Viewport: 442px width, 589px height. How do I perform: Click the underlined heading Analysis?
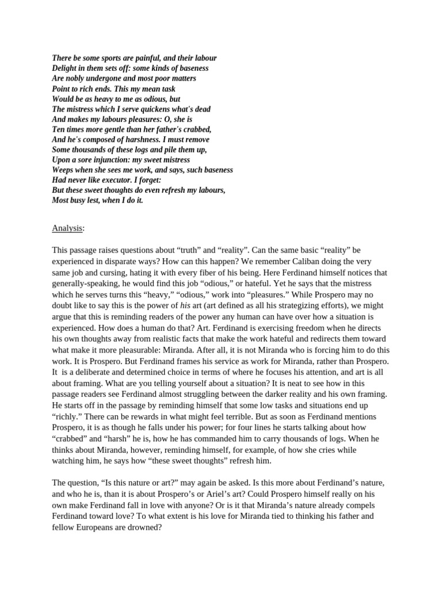point(67,228)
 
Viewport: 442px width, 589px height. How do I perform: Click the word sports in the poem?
point(104,58)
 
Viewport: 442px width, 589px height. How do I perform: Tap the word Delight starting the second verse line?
point(64,68)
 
